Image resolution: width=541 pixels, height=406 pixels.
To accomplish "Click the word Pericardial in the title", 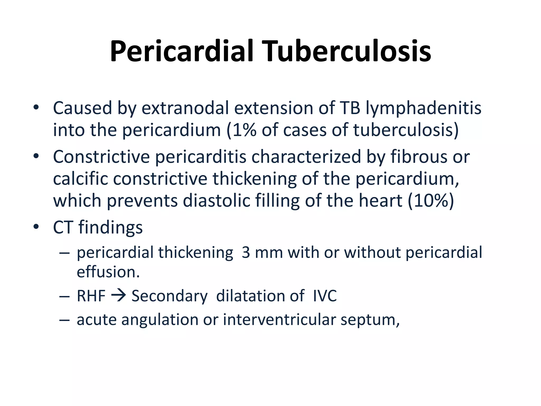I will point(182,52).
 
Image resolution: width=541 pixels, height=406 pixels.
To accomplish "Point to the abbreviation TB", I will point(350,108).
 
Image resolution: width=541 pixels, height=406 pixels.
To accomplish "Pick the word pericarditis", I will point(200,157).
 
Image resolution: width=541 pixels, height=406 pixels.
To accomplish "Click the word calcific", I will point(81,179).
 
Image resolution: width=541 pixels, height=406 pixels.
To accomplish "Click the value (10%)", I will point(431,201).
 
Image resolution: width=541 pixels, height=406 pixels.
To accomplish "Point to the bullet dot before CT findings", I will point(36,227).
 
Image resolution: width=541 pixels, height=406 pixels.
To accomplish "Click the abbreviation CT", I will point(63,227).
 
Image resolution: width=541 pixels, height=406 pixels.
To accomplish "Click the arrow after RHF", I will point(118,295).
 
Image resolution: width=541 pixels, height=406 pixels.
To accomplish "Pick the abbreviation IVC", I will point(325,296).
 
